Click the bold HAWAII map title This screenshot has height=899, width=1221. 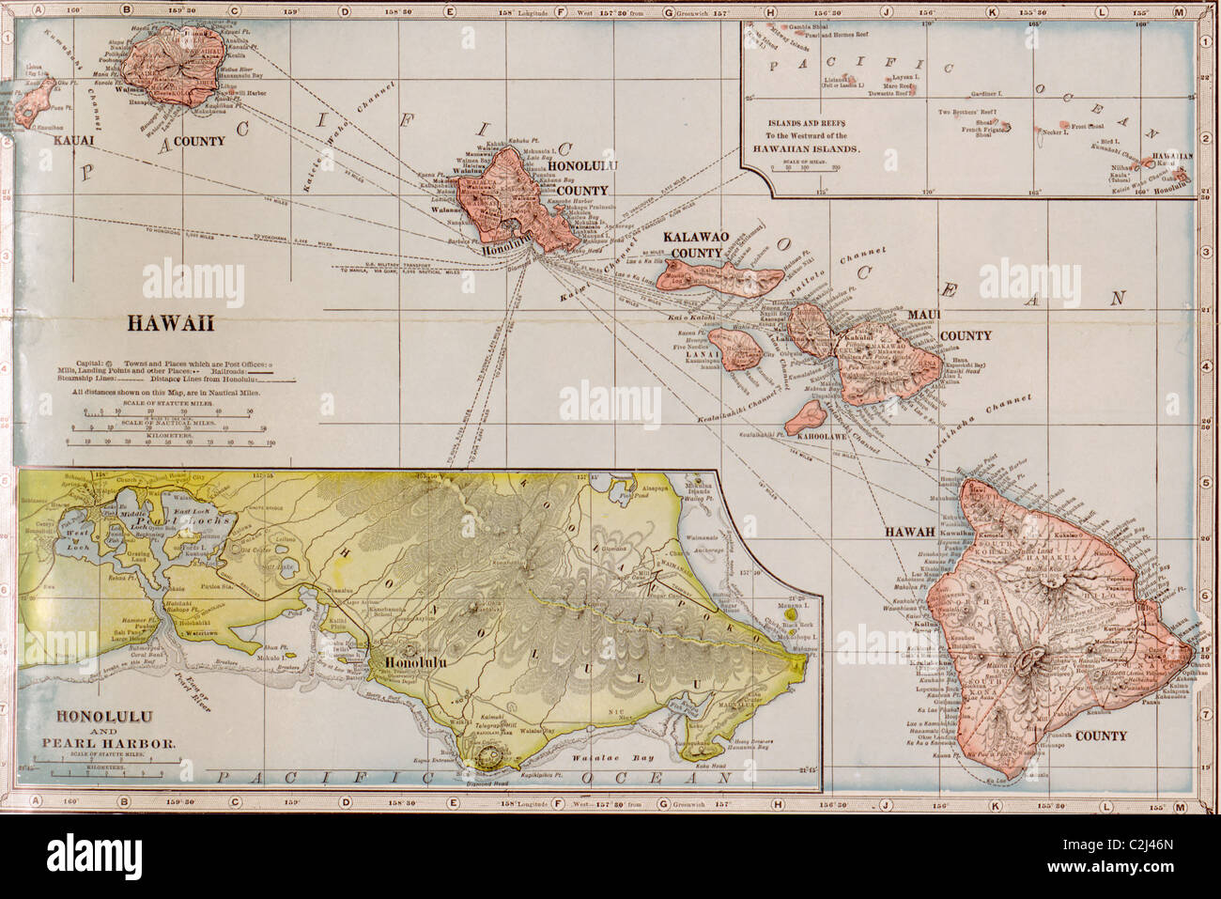(x=171, y=324)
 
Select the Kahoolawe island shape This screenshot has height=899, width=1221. (x=806, y=411)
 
